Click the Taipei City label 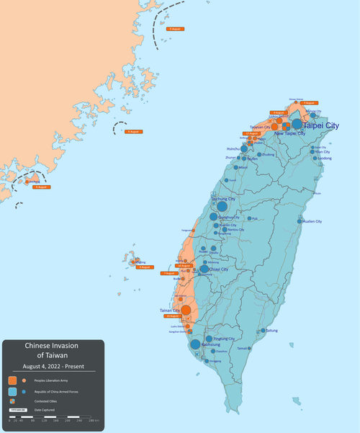[x=321, y=125]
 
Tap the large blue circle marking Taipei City [x=297, y=124]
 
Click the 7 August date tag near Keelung [x=310, y=103]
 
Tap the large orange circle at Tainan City [x=186, y=311]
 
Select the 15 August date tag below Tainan [x=172, y=316]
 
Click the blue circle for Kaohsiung [x=195, y=345]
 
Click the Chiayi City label [x=218, y=269]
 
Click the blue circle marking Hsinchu [x=243, y=149]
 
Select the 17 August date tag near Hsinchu [x=251, y=133]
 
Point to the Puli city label [x=254, y=218]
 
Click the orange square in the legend [x=12, y=380]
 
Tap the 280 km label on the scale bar [x=94, y=419]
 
